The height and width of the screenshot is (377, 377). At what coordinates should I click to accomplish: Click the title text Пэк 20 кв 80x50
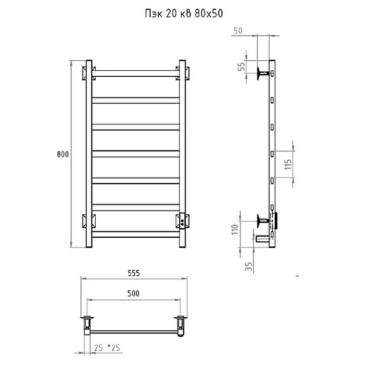tap(184, 14)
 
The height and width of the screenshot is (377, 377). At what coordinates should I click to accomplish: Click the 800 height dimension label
tap(63, 154)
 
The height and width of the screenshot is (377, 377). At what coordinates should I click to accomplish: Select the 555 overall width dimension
tap(134, 273)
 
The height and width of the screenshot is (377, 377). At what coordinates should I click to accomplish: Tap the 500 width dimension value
tap(133, 293)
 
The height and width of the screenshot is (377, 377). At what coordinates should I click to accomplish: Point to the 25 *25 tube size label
tap(107, 348)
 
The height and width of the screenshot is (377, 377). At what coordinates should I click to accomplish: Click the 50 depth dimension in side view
tap(238, 31)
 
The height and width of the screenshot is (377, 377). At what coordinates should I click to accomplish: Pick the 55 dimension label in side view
tap(241, 66)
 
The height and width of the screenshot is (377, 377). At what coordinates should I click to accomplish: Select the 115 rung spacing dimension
tap(288, 164)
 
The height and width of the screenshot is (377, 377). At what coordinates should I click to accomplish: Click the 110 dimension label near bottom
tap(235, 229)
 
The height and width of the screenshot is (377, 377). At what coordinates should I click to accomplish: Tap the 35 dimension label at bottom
tap(249, 266)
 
